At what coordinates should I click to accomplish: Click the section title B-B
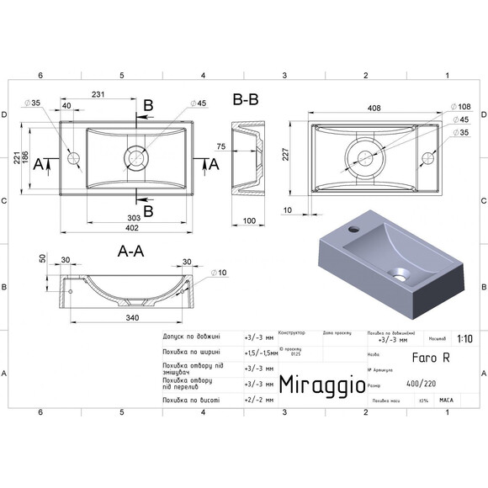tap(246, 100)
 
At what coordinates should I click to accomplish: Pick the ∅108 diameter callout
tap(463, 107)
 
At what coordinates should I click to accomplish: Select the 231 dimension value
tap(98, 96)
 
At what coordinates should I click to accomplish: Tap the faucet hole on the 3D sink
tap(353, 227)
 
